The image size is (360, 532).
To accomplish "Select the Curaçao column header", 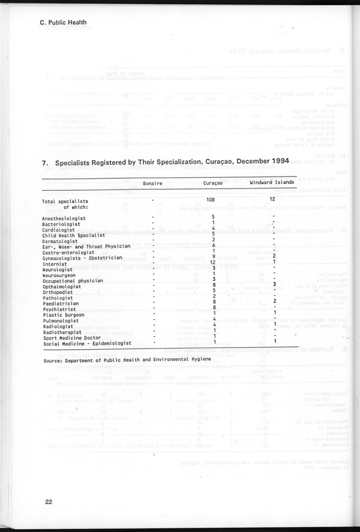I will [x=213, y=183].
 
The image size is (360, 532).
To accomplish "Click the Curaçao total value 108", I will [x=213, y=200].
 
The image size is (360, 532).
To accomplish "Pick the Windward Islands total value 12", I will [x=273, y=199].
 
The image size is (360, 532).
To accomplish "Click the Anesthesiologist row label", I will [x=64, y=218].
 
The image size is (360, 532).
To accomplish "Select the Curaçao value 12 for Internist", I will [x=213, y=262].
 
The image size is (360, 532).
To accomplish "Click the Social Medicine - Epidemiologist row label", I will [x=87, y=344].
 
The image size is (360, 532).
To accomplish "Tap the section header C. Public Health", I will [x=63, y=23].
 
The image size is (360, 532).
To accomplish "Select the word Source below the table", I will [x=52, y=361].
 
